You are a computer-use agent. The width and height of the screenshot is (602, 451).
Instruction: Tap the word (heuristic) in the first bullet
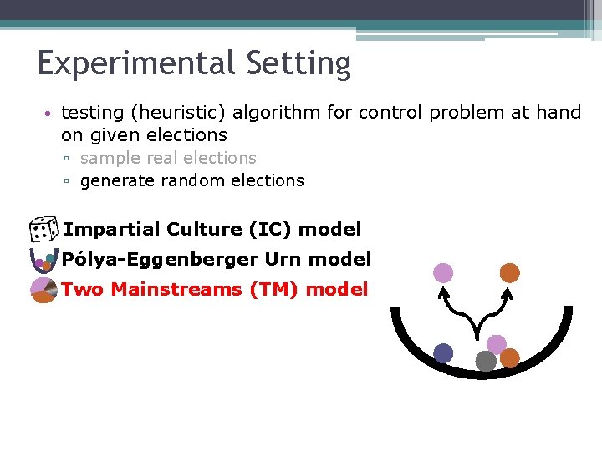[174, 112]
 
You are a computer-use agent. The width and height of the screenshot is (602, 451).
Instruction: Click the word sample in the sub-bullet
[109, 158]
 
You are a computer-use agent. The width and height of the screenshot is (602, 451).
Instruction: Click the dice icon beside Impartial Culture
[42, 230]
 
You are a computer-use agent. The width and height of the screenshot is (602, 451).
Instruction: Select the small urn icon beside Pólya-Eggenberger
[42, 260]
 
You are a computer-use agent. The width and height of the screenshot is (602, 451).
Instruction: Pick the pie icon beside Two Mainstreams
[43, 291]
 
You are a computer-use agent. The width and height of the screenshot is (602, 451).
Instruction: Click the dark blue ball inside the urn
[443, 353]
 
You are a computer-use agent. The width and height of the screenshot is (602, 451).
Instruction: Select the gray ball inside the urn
[486, 361]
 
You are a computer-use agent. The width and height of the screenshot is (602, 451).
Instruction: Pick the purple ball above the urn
[443, 272]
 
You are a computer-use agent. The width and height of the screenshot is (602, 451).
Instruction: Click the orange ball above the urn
[510, 272]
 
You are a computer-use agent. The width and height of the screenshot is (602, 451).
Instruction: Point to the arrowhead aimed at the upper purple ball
[443, 291]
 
